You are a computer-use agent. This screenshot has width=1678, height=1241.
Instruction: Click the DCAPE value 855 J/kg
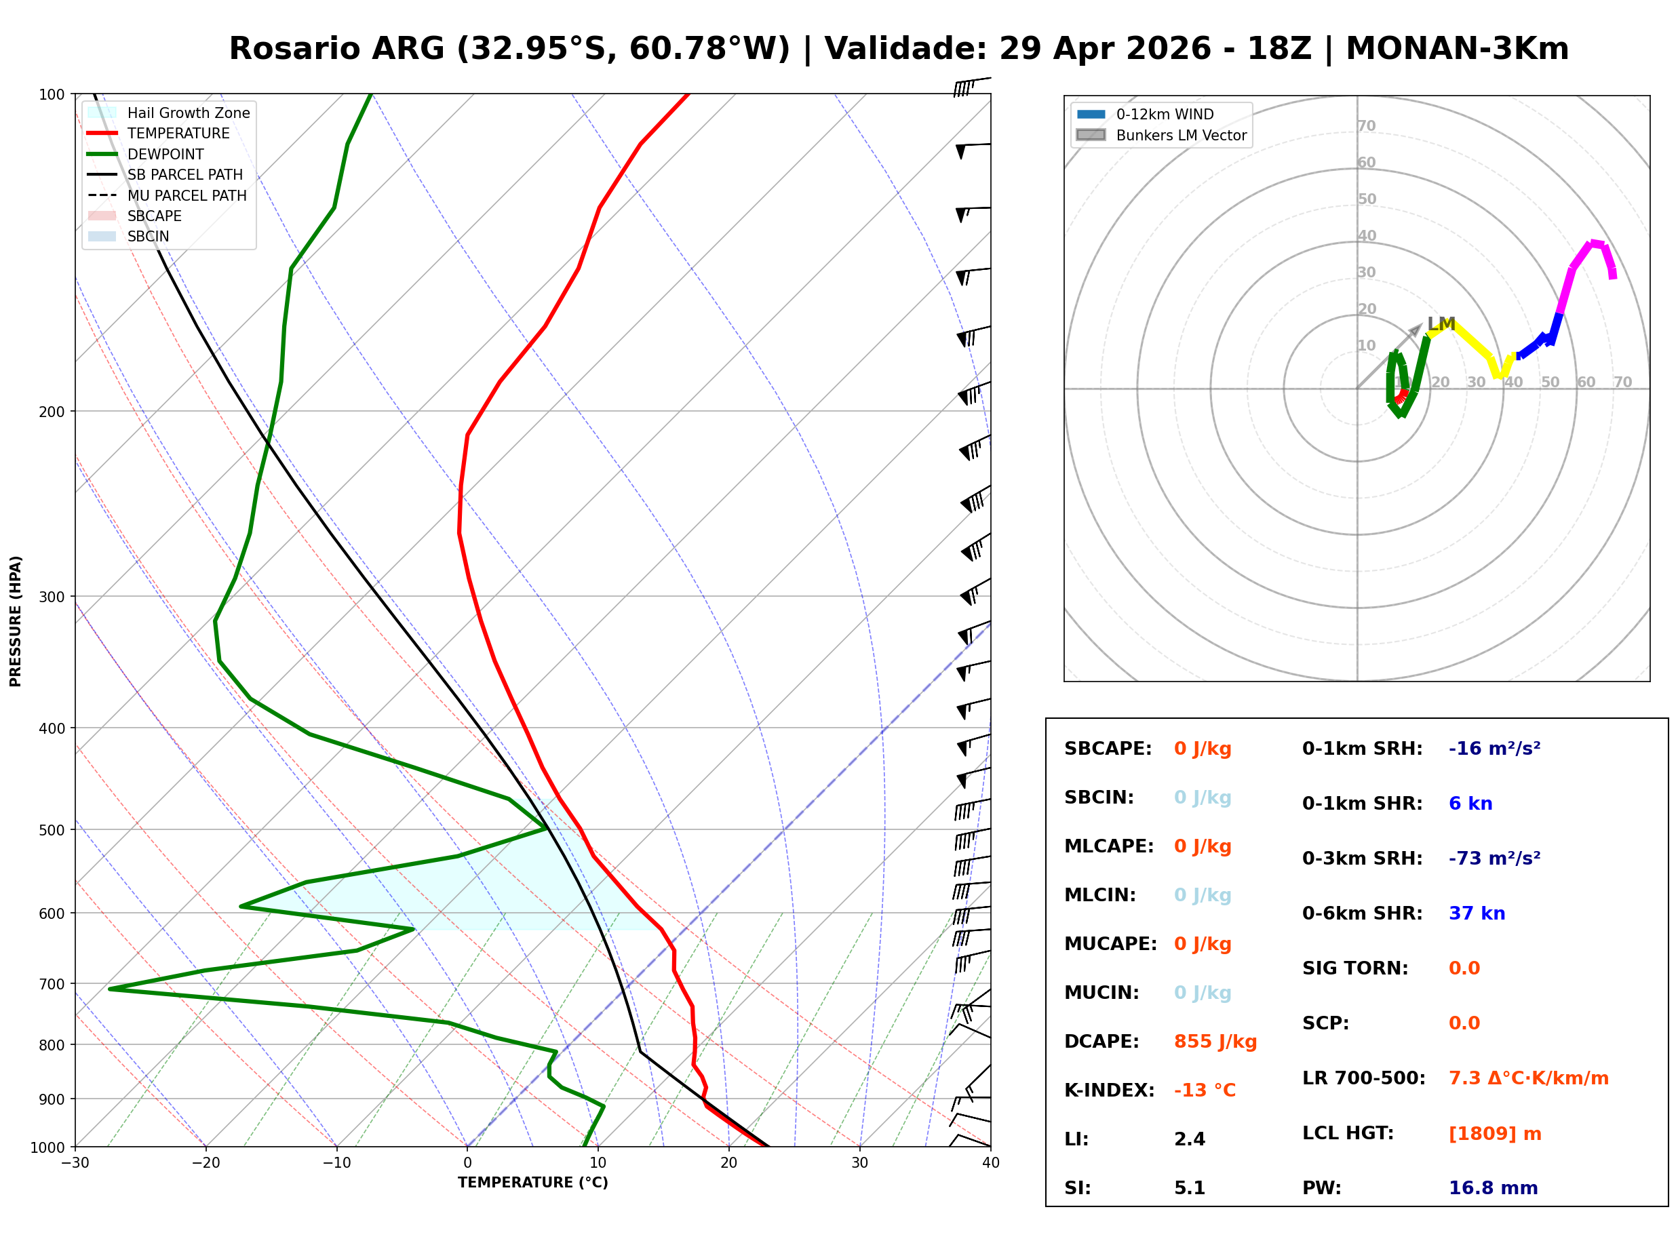pyautogui.click(x=1215, y=1041)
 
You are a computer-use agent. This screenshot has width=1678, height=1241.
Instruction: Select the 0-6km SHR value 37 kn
pyautogui.click(x=1477, y=913)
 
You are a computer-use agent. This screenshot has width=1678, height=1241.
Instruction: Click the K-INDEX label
pyautogui.click(x=1109, y=1090)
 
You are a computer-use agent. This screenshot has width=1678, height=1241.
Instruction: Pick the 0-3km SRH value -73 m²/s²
pyautogui.click(x=1494, y=858)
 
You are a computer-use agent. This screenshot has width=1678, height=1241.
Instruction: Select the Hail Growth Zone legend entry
pyautogui.click(x=188, y=113)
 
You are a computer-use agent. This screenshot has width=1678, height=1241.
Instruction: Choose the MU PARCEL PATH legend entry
pyautogui.click(x=187, y=195)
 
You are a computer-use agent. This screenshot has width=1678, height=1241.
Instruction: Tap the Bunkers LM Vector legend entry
pyautogui.click(x=1181, y=135)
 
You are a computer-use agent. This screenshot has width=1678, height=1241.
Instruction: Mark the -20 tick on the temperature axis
pyautogui.click(x=205, y=1163)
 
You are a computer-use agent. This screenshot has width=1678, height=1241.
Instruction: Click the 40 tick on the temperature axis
pyautogui.click(x=990, y=1163)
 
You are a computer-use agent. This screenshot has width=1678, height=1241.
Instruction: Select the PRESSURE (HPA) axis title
pyautogui.click(x=16, y=620)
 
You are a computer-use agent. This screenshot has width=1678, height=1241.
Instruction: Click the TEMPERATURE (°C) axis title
pyautogui.click(x=532, y=1183)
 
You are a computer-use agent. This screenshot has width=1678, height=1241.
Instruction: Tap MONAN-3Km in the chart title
pyautogui.click(x=1456, y=49)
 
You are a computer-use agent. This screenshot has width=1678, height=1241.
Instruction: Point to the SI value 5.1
pyautogui.click(x=1189, y=1187)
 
